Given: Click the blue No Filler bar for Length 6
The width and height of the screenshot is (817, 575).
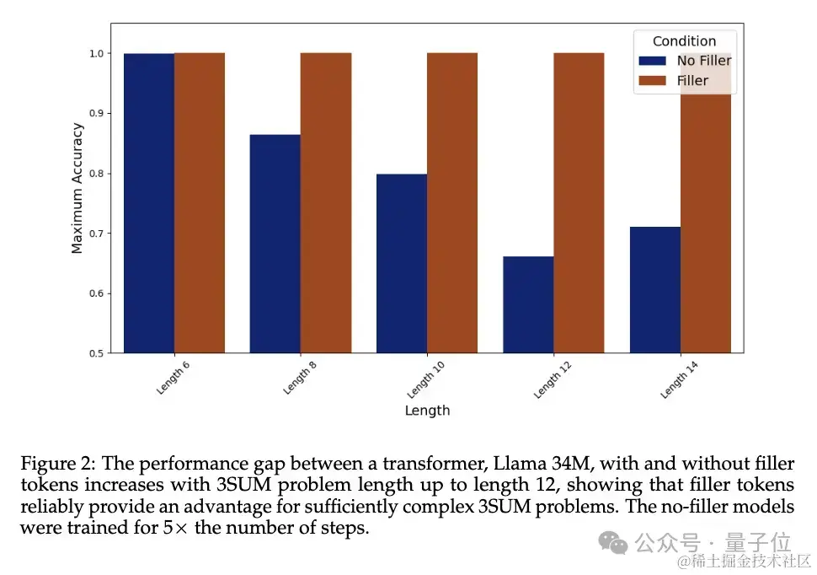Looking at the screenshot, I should coord(149,202).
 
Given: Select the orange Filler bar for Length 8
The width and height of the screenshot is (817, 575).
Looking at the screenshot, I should coord(326,202).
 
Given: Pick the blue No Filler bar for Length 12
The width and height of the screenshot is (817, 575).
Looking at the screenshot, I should coord(528,304).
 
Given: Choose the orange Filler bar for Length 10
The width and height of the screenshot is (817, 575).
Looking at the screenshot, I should coord(452,202).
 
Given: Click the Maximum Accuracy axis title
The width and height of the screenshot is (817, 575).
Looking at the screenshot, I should coord(77,188).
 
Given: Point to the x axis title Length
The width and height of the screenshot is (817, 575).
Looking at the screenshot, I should coord(427,411).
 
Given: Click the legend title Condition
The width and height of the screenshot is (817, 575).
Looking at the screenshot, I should coord(684,41).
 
